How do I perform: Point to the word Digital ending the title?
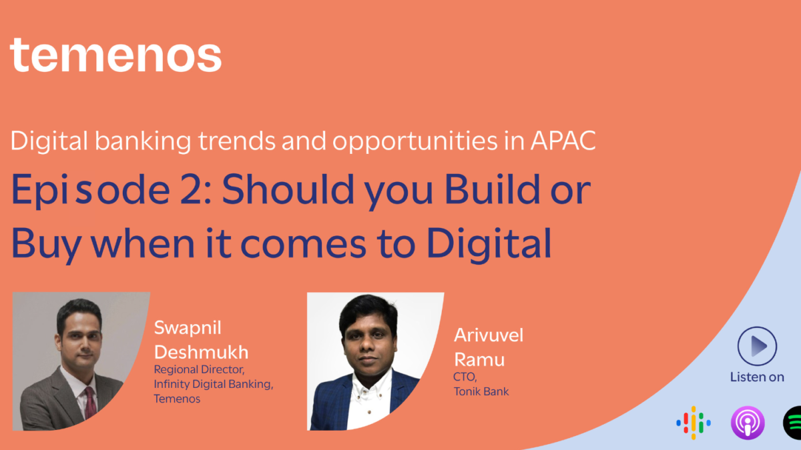click(x=494, y=244)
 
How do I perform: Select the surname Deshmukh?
click(x=201, y=351)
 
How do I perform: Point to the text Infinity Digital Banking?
click(x=214, y=384)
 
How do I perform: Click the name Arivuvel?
click(x=489, y=335)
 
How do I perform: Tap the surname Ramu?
click(x=479, y=359)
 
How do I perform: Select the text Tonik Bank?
click(x=481, y=391)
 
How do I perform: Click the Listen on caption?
click(x=757, y=377)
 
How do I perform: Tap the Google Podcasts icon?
click(x=693, y=423)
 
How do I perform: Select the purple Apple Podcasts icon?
click(x=747, y=423)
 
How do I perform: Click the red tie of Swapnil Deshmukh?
click(x=89, y=401)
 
